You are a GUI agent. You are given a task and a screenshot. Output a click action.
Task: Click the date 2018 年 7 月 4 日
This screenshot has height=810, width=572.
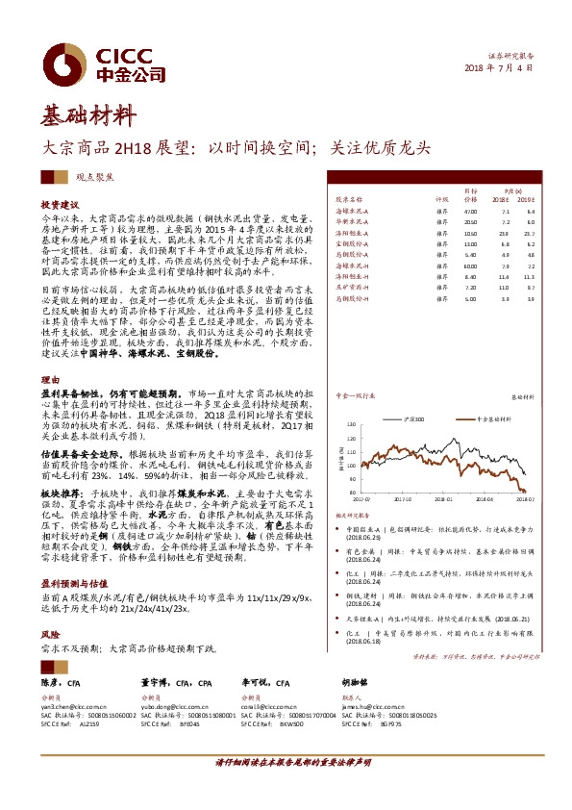pos(498,69)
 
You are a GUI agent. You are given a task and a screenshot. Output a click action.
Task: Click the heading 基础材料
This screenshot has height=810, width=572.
pos(87,116)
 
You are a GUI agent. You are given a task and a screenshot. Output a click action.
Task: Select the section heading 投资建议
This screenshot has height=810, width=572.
pos(60,206)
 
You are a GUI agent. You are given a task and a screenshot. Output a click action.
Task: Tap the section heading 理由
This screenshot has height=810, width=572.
pos(49,380)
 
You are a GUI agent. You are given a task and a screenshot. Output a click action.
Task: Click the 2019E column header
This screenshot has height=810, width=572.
pos(524,198)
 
